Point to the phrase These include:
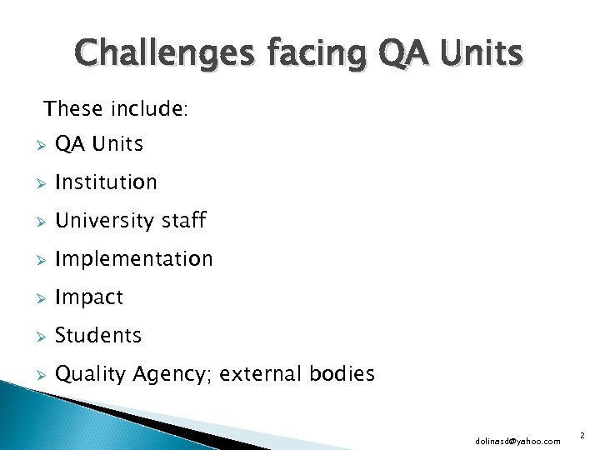click(x=116, y=109)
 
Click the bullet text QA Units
click(x=98, y=144)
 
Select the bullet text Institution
click(x=106, y=182)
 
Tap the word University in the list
click(x=104, y=221)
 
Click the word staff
click(x=183, y=220)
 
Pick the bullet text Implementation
click(x=133, y=259)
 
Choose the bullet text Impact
click(x=88, y=297)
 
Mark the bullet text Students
click(x=98, y=336)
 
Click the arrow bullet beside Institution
click(x=35, y=182)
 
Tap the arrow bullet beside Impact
click(x=35, y=298)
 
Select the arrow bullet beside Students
click(x=35, y=337)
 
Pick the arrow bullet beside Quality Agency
click(x=35, y=375)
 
